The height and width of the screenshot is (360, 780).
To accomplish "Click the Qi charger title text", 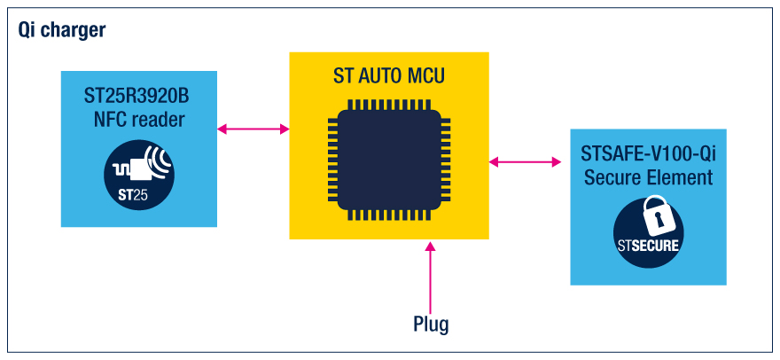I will (x=61, y=30).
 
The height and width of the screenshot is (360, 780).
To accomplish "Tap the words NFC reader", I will (x=139, y=119).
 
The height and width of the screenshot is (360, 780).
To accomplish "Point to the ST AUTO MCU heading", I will (x=389, y=78).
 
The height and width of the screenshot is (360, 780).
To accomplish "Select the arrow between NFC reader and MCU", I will (x=253, y=129).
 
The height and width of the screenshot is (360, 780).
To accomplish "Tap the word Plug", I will (x=431, y=324).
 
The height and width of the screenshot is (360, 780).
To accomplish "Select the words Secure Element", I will (x=648, y=177).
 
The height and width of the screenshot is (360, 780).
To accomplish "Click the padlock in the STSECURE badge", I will (x=649, y=216).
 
